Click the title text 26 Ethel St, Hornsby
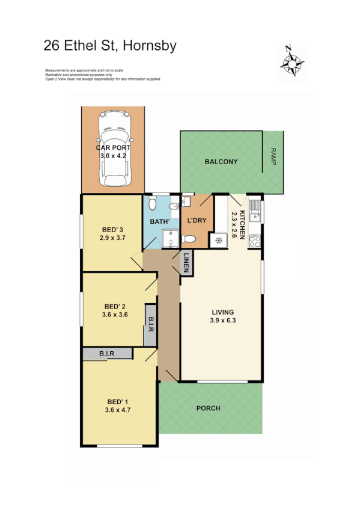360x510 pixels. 110,46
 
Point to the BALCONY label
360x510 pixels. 221,162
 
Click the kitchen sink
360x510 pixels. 255,210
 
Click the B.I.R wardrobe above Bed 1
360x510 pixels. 107,354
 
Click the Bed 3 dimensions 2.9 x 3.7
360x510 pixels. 112,238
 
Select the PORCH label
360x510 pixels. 209,408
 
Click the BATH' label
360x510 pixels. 160,221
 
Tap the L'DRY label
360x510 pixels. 197,220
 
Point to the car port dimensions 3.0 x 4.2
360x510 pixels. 112,156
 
